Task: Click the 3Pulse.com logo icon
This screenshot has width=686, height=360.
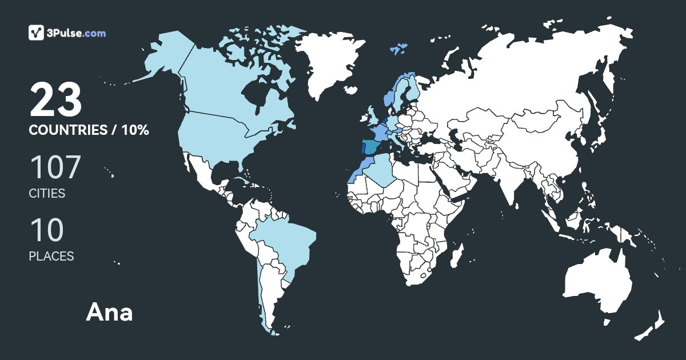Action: [37, 33]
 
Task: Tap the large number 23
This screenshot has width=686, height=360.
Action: [56, 100]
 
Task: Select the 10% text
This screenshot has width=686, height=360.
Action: [135, 130]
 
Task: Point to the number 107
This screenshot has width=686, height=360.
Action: [55, 167]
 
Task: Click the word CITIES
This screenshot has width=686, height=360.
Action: [47, 193]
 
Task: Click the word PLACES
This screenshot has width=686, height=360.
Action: [51, 257]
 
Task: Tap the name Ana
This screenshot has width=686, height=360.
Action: [109, 313]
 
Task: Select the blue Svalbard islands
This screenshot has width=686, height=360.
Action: [398, 48]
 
